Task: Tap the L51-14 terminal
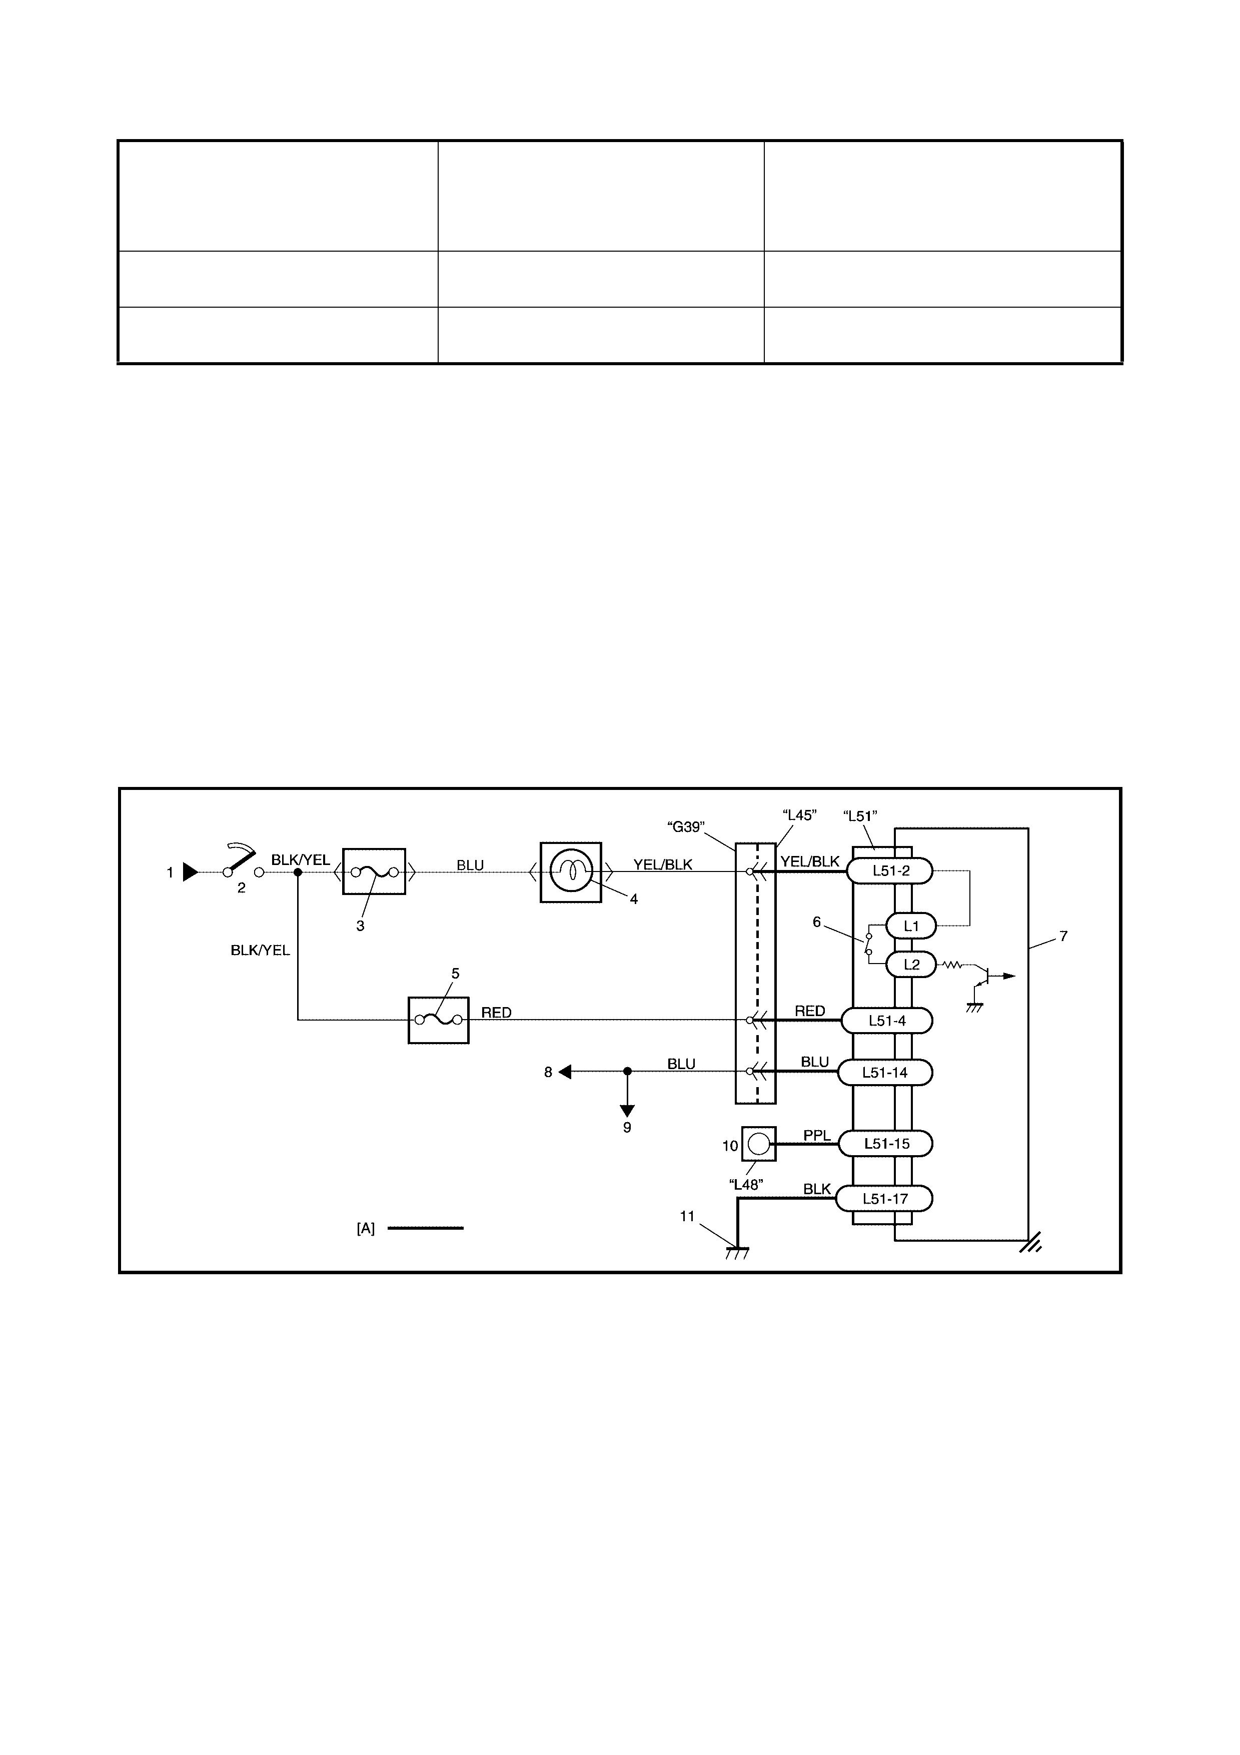885,1073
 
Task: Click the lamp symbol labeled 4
571,872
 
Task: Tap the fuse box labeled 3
374,871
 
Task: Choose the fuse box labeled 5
439,1020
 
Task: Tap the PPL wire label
817,1136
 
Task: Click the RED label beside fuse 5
497,1013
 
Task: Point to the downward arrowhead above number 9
627,1111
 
